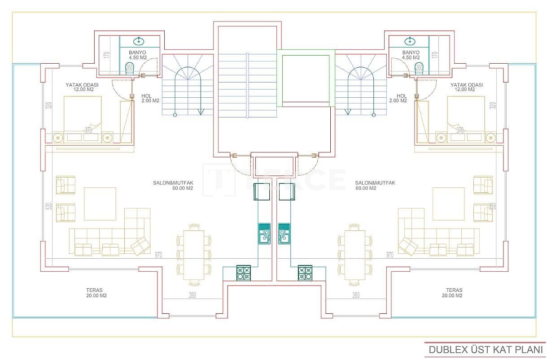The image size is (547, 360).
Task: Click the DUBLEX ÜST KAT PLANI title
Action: coord(486,349)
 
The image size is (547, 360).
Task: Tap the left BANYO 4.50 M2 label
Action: coord(138,55)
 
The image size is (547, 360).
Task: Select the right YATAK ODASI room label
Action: coord(467,87)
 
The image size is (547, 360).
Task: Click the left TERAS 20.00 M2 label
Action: coord(96,293)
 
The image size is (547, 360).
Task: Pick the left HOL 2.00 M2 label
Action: coord(150,98)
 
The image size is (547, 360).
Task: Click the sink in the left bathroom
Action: coord(139,41)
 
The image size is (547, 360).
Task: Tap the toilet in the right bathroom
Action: coord(419,68)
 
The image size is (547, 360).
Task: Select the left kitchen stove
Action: coord(244,273)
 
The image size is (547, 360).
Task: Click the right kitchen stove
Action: coord(305,273)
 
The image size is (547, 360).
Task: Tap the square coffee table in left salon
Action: coord(100,204)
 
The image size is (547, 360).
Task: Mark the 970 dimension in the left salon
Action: coord(158,255)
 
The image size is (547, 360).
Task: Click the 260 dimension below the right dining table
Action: coord(356,295)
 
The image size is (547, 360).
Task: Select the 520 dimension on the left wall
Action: coord(49,206)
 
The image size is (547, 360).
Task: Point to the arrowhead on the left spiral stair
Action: coord(201,111)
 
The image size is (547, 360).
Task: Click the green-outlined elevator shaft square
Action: coord(306,78)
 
